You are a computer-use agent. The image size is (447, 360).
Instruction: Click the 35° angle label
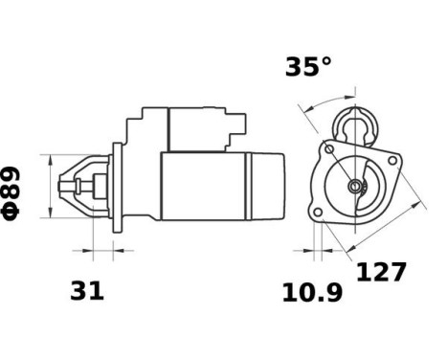click(307, 67)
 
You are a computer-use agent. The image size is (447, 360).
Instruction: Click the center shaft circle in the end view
click(356, 186)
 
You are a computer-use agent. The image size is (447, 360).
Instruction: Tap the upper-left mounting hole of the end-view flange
click(330, 149)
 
